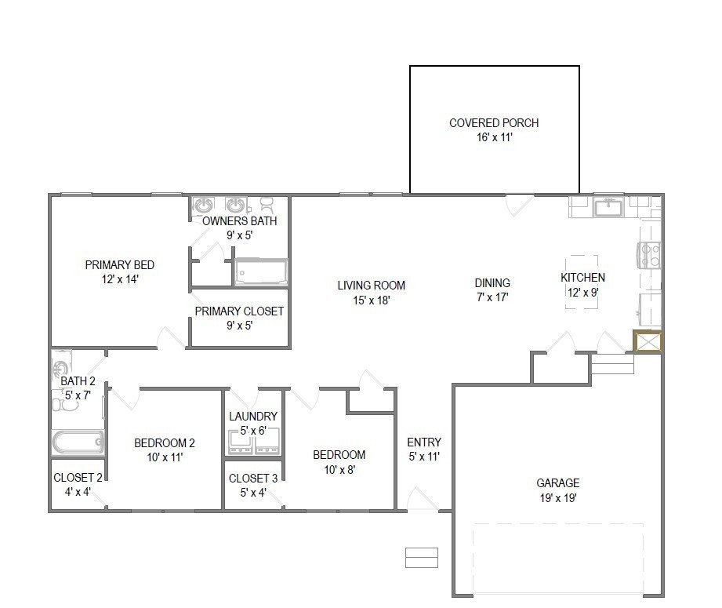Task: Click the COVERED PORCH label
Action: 494,123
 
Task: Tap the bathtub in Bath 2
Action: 78,442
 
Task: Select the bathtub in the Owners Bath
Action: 261,272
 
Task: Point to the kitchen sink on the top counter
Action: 608,208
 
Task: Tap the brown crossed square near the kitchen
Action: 648,343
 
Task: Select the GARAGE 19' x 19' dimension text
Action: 558,497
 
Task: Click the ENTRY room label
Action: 424,442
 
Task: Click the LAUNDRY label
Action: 253,417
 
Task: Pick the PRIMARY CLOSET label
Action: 239,311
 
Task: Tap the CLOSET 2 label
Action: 78,478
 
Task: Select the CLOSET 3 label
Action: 253,479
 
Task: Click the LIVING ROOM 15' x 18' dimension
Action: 371,299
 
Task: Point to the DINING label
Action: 492,283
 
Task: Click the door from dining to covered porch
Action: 518,204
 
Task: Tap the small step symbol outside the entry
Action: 421,557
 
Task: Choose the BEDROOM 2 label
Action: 165,443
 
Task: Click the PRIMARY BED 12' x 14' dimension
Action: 119,279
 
